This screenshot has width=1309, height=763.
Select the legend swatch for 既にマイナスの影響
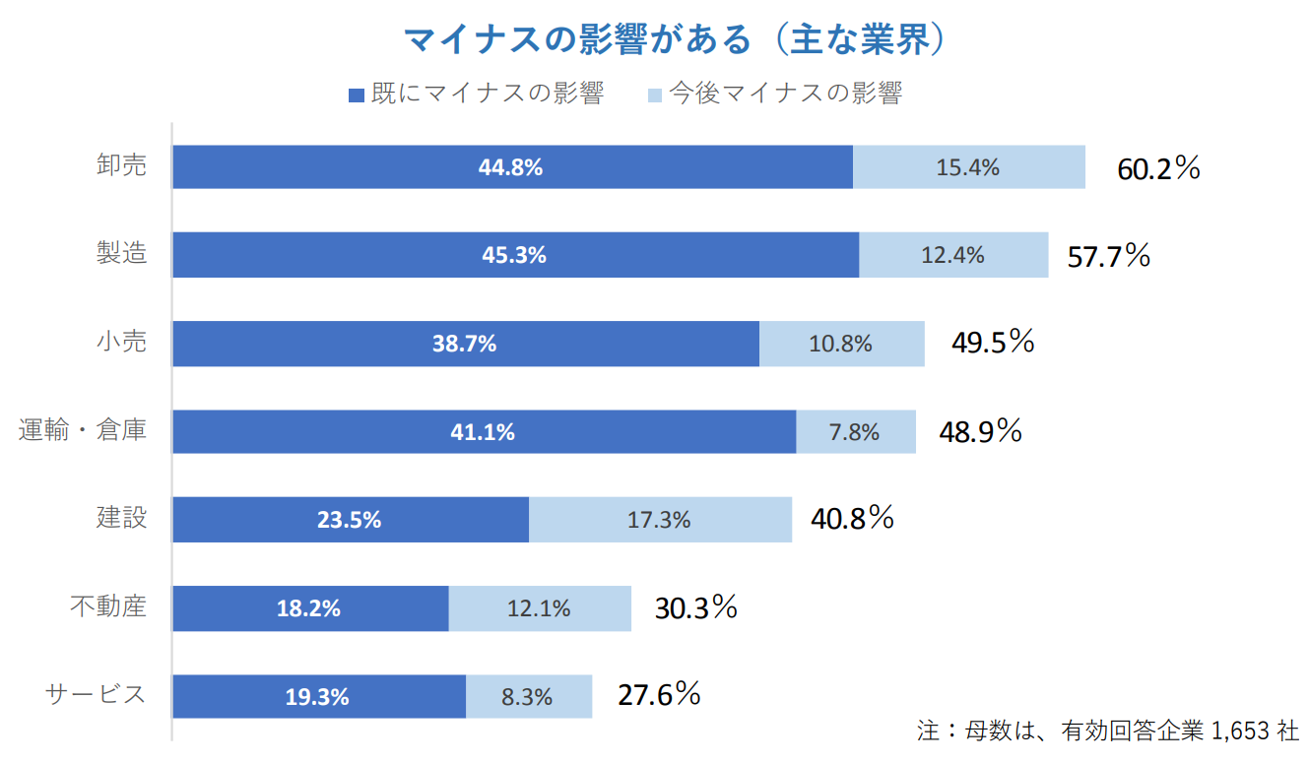(357, 95)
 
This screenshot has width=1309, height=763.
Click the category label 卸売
(121, 165)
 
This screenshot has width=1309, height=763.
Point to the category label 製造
(121, 253)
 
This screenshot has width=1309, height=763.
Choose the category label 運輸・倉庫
(83, 430)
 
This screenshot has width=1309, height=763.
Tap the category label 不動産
(108, 606)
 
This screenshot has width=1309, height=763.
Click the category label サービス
(96, 694)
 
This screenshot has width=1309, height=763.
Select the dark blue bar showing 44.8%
(512, 167)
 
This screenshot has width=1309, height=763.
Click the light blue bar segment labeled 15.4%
(968, 167)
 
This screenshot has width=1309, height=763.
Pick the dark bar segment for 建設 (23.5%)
(350, 520)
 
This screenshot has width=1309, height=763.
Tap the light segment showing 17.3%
(659, 520)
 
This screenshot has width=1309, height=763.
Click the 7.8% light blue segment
(855, 431)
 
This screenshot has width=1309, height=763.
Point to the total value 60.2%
(1158, 168)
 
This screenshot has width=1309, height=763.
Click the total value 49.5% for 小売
(993, 343)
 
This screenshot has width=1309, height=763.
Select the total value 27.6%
(659, 695)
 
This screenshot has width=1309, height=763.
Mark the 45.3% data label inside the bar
(514, 255)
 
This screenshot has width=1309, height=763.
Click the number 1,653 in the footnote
(1240, 731)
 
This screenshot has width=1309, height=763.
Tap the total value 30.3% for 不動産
(696, 607)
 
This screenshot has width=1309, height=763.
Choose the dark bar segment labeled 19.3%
(318, 696)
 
